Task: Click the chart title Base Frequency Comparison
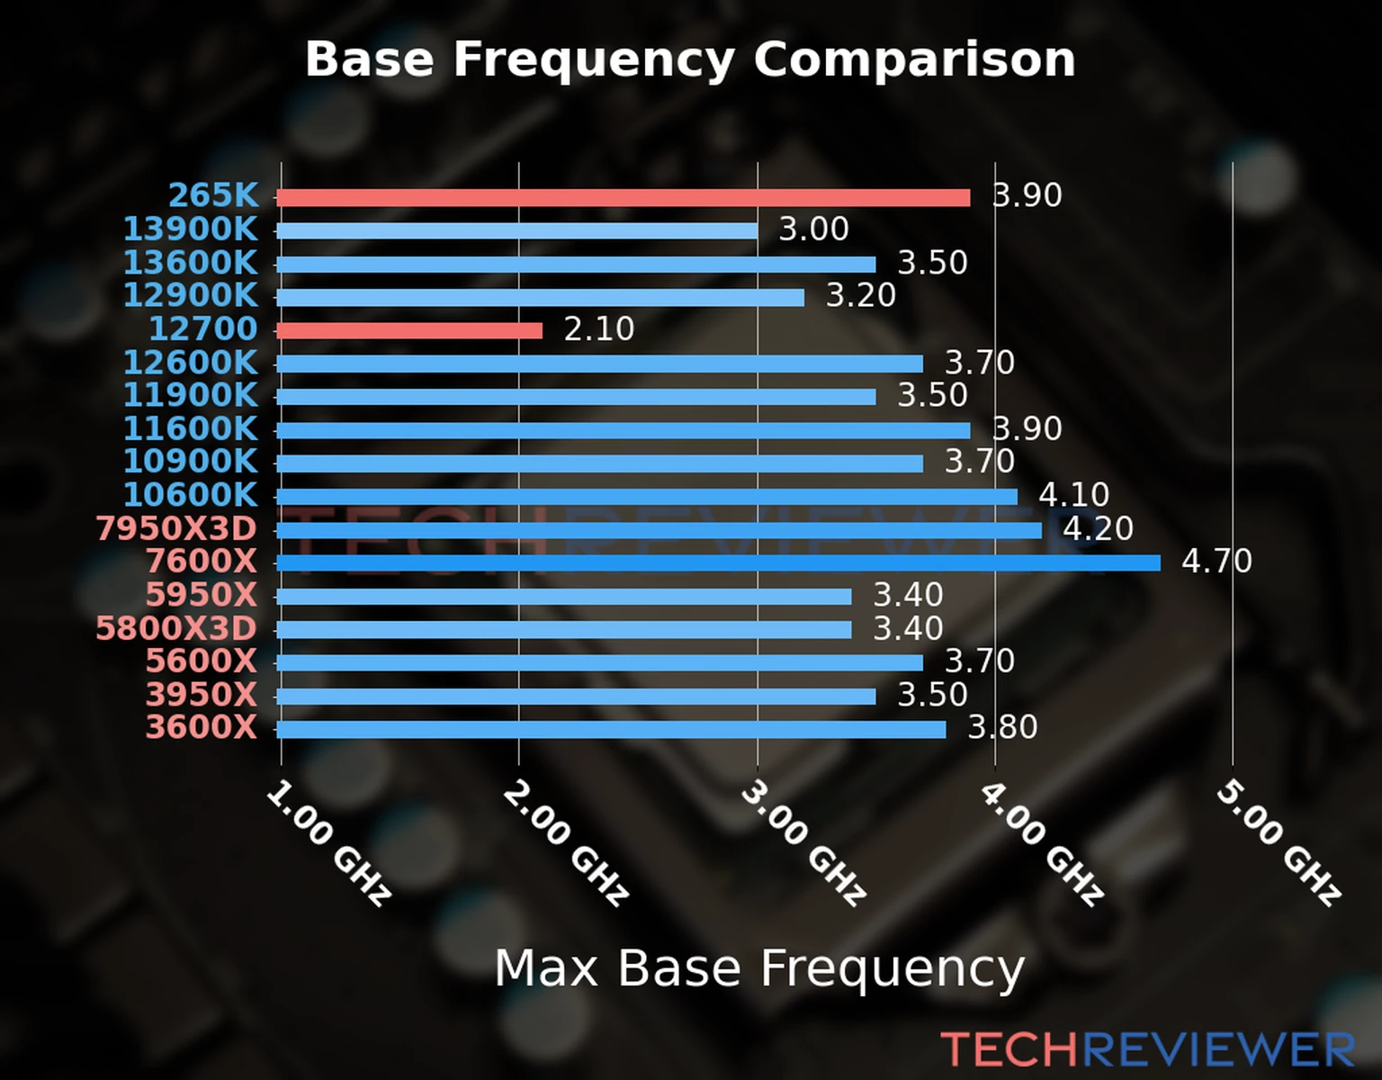click(690, 59)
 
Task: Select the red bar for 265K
click(623, 198)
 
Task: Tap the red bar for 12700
click(409, 331)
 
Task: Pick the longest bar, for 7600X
click(718, 563)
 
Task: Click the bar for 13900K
click(516, 231)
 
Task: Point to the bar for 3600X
click(611, 729)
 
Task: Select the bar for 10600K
click(647, 497)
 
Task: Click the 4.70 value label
click(1216, 562)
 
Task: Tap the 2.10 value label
click(598, 329)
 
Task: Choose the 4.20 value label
click(1098, 528)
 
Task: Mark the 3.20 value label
click(861, 296)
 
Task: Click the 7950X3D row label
click(176, 529)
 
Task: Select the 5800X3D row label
click(176, 628)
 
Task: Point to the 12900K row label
click(190, 295)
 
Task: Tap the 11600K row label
click(190, 428)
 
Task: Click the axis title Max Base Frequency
click(759, 968)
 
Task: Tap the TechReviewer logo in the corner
click(1148, 1049)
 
